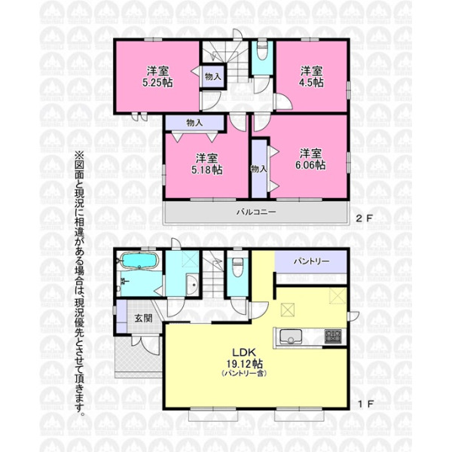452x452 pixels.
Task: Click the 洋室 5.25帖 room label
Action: (x=157, y=77)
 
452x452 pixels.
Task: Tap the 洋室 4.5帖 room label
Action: (x=311, y=77)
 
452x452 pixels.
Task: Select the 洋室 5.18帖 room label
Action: (x=206, y=164)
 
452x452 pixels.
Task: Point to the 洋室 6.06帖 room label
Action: (x=310, y=160)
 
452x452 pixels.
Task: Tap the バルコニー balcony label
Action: (x=256, y=212)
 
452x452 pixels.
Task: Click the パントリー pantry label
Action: (x=311, y=261)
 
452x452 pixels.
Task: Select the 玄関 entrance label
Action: (x=144, y=318)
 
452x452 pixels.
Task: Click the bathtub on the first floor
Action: (x=139, y=261)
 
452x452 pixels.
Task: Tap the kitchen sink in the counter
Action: (x=291, y=337)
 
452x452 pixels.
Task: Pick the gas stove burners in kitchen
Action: (x=333, y=337)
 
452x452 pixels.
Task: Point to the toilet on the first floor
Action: (x=237, y=267)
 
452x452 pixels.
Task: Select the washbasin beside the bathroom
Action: (x=193, y=285)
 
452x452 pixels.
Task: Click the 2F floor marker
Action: (x=364, y=218)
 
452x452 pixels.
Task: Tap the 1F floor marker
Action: (x=365, y=404)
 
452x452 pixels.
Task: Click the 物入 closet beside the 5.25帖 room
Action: (x=212, y=76)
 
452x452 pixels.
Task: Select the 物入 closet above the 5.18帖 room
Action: (x=194, y=123)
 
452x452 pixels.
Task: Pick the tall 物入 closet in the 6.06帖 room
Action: (x=259, y=169)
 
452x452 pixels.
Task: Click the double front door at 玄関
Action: (x=145, y=344)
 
